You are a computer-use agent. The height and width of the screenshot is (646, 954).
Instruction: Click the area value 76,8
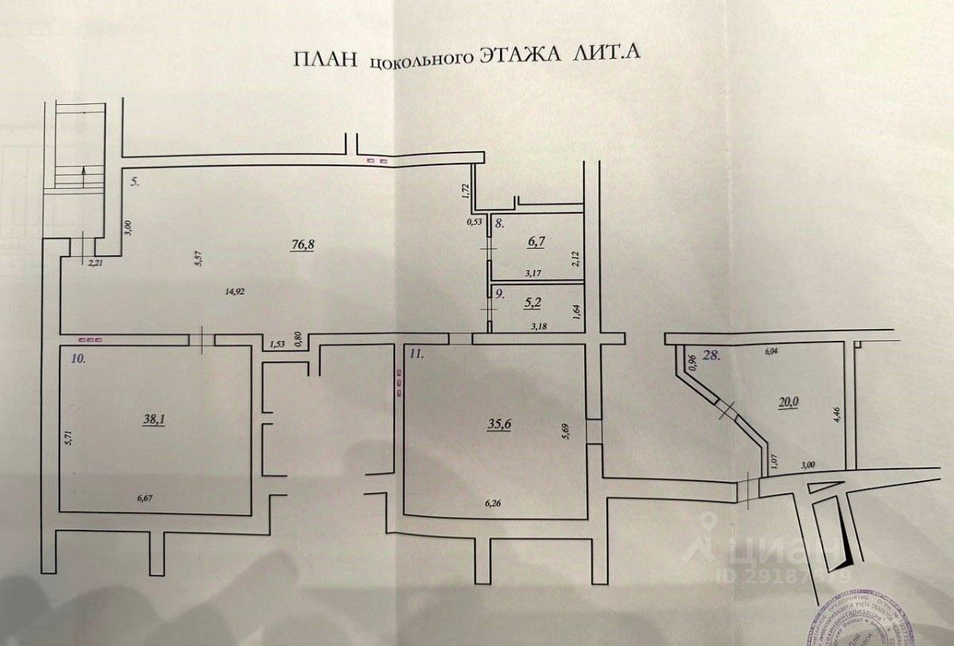pos(302,244)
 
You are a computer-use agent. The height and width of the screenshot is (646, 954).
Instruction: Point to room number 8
pos(498,223)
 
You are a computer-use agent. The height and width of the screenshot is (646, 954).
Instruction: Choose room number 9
pos(499,292)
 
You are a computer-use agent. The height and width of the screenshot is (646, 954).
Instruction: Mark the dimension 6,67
pos(146,498)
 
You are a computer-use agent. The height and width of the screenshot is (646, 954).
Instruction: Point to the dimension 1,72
pos(466,191)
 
